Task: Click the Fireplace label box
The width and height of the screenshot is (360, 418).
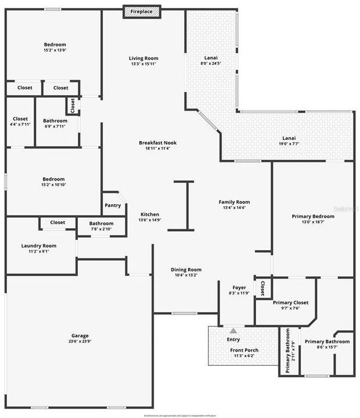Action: [x=142, y=12]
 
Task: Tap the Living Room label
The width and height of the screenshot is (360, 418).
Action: [x=143, y=58]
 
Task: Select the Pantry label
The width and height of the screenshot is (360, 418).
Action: [x=113, y=205]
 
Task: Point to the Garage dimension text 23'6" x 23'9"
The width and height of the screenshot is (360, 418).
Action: [x=80, y=341]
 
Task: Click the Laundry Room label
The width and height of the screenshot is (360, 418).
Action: [x=39, y=246]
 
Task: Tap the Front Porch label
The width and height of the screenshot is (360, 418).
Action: [x=244, y=350]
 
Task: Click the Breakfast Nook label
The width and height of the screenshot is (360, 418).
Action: [x=157, y=143]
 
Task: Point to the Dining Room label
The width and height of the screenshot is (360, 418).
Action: [x=186, y=269]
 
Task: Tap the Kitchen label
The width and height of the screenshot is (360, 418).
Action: [x=149, y=214]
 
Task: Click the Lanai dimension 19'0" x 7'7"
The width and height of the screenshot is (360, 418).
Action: [x=289, y=143]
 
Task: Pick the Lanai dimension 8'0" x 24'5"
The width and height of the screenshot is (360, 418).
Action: [x=211, y=63]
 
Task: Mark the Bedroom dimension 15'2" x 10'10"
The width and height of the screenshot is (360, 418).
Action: [x=53, y=185]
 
